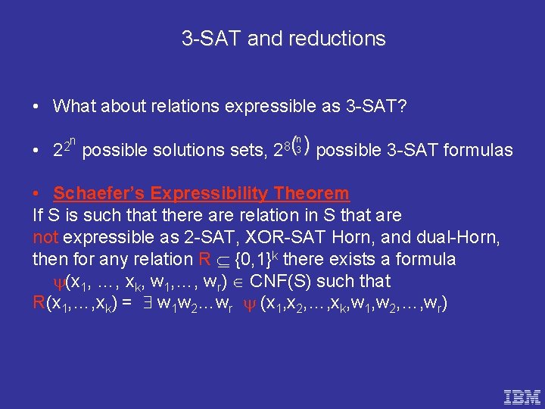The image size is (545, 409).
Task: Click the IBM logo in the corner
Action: (x=522, y=395)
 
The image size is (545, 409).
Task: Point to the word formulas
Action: (x=476, y=150)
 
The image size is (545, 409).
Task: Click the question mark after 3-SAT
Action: (x=403, y=106)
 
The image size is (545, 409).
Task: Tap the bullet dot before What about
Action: (x=37, y=107)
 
